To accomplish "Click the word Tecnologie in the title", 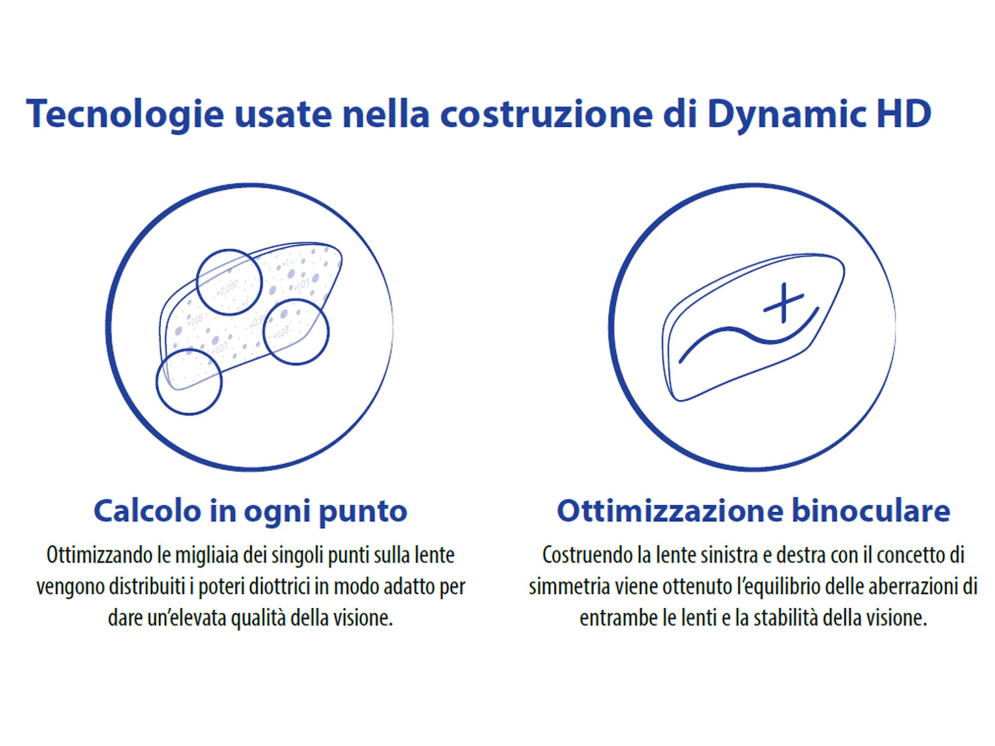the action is (125, 114).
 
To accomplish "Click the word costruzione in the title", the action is (547, 114).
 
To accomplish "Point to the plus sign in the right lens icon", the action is (784, 303).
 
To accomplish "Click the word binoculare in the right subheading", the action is (871, 511).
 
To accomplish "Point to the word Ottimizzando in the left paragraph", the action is (99, 555).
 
